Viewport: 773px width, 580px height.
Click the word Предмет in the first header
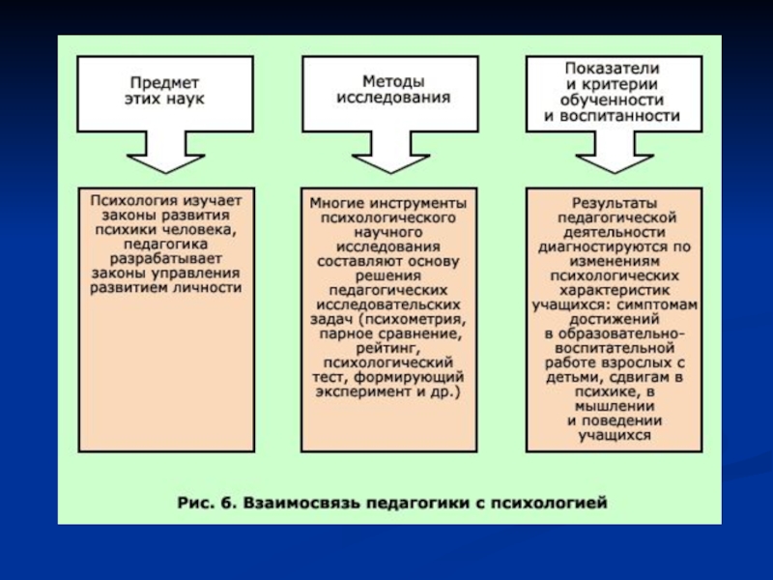point(164,82)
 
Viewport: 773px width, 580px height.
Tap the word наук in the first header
point(185,99)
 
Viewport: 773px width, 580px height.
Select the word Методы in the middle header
point(393,81)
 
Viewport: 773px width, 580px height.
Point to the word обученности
point(612,101)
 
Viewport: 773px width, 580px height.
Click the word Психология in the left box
point(133,201)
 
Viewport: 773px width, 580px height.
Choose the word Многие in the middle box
point(337,203)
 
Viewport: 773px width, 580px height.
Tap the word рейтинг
point(386,349)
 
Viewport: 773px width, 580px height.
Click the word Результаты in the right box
point(615,203)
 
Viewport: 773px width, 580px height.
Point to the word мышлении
point(615,406)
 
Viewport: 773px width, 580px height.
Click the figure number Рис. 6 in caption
point(205,503)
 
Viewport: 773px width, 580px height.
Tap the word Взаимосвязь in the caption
point(301,503)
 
